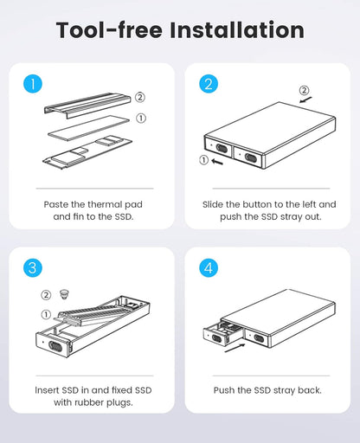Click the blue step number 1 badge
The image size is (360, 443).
pyautogui.click(x=32, y=84)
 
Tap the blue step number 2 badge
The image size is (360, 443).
pyautogui.click(x=209, y=84)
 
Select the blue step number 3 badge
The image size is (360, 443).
pyautogui.click(x=32, y=268)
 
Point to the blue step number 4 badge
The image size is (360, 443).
pyautogui.click(x=209, y=268)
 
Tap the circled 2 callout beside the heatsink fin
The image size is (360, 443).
pyautogui.click(x=141, y=98)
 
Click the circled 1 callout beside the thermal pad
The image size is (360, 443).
pyautogui.click(x=141, y=117)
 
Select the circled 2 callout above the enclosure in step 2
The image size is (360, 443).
pyautogui.click(x=304, y=90)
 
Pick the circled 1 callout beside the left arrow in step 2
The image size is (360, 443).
pyautogui.click(x=204, y=159)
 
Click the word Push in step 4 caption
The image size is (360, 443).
pyautogui.click(x=227, y=390)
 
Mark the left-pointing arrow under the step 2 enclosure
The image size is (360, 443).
pyautogui.click(x=220, y=159)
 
